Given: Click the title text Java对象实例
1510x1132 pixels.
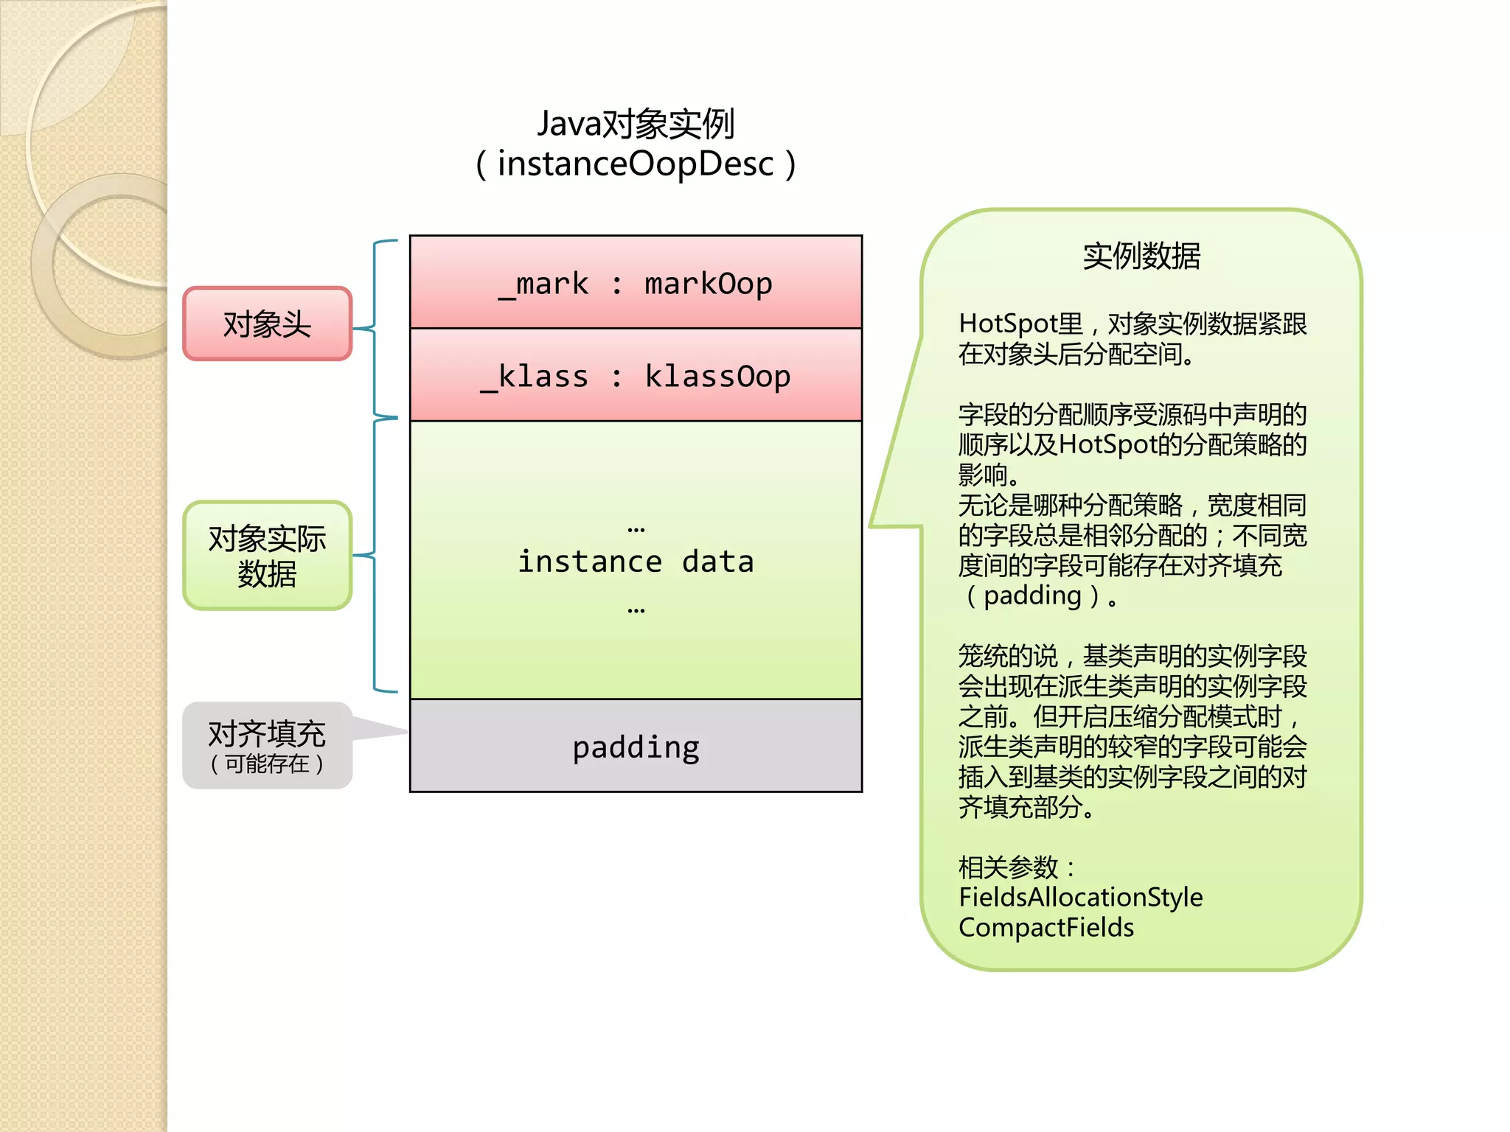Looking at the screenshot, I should click(635, 124).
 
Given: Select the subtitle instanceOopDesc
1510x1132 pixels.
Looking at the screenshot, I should click(635, 164).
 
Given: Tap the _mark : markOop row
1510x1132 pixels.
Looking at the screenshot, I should click(635, 283).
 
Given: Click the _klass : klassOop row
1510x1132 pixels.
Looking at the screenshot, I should click(635, 376).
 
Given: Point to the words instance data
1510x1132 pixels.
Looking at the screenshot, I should click(635, 562).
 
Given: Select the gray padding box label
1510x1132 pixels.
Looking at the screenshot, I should click(635, 747).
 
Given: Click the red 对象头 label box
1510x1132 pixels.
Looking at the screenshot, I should click(267, 324).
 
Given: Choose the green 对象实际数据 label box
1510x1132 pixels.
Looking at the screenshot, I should click(267, 556).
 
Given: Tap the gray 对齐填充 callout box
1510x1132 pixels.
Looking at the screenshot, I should click(267, 744).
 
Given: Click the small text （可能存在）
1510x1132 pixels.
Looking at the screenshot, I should click(267, 764).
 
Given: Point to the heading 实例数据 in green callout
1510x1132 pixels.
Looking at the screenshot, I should click(1141, 256).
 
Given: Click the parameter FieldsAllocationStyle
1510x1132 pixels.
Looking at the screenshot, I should click(1080, 898).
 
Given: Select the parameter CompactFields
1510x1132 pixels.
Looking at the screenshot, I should click(1045, 928).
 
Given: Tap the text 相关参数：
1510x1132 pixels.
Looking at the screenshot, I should click(1016, 867).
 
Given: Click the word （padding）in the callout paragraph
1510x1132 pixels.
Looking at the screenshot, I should click(1032, 595).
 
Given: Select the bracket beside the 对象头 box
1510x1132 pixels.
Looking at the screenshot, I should click(375, 328).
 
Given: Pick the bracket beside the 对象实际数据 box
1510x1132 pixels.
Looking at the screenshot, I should click(375, 555).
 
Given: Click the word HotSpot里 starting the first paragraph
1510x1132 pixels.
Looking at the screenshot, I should click(1020, 324).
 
